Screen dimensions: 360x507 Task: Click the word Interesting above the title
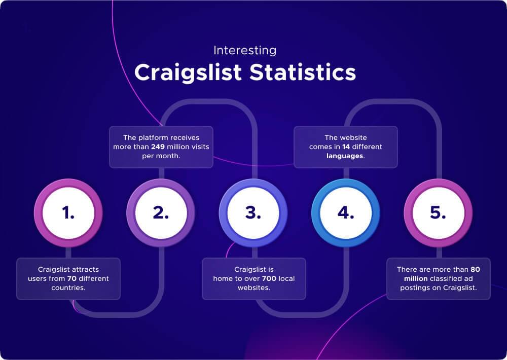(x=245, y=51)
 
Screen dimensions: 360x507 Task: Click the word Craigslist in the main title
(x=188, y=73)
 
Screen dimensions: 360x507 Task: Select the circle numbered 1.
(x=68, y=213)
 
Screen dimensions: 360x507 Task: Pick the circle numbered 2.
(x=161, y=213)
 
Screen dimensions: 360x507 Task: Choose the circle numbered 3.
(x=253, y=213)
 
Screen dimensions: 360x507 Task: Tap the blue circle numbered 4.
(x=345, y=213)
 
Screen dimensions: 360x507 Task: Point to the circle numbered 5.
(x=438, y=213)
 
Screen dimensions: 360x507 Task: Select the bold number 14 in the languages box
(x=346, y=147)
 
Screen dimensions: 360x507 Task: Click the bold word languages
(x=345, y=156)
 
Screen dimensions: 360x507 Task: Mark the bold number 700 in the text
(x=269, y=279)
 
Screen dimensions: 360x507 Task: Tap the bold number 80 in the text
(x=475, y=269)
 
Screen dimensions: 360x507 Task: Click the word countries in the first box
(x=68, y=288)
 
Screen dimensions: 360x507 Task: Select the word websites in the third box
(x=253, y=288)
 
